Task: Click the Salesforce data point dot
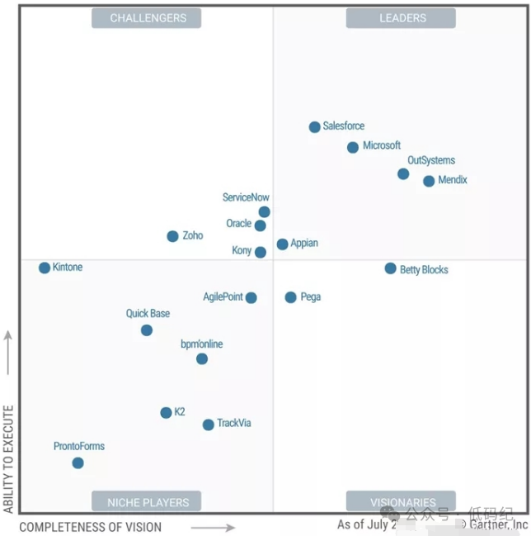314,127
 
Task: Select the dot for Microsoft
353,147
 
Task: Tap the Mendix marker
429,181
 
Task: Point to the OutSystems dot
403,173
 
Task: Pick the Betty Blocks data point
390,268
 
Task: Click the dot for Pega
290,297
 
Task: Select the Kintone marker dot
45,268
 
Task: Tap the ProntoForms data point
78,463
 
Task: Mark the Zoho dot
172,236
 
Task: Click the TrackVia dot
209,425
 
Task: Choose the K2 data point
166,413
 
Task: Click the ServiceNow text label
246,198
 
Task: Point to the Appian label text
304,244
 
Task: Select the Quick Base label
148,314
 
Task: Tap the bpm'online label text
202,344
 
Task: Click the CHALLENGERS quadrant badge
148,18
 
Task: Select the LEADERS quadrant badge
402,18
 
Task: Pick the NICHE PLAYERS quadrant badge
148,501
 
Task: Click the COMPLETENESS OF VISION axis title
91,527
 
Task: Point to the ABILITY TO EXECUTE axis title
9,458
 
